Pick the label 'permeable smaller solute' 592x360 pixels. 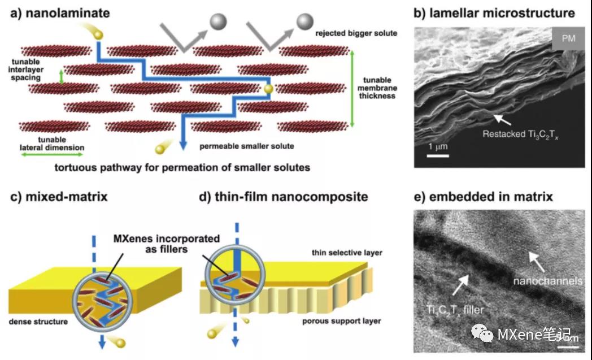(x=247, y=146)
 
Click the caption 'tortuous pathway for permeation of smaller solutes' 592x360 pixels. (x=182, y=167)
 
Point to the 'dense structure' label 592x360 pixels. (x=38, y=322)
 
